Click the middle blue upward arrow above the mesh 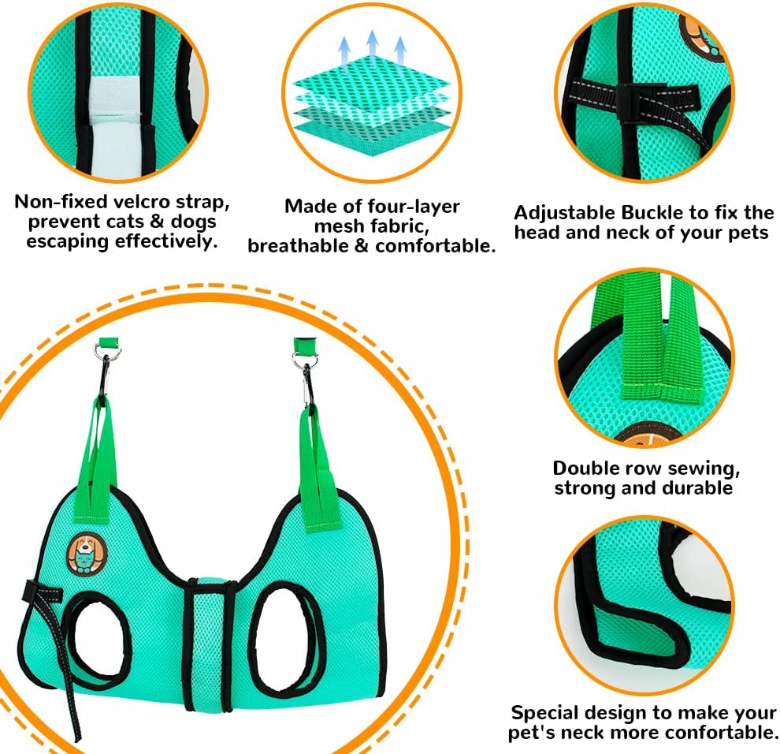(x=370, y=49)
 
